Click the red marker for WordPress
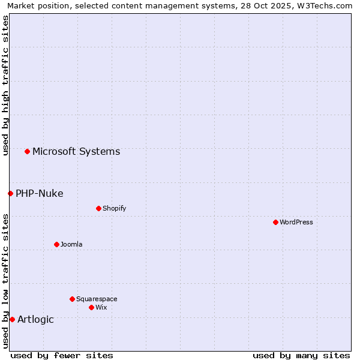275,222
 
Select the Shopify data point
98,208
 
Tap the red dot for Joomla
56,244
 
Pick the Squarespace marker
72,299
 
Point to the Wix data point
91,307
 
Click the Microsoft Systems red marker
27,151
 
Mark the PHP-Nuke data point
10,193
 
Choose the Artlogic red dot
12,319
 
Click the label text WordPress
296,222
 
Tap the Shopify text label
114,208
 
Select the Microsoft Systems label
76,151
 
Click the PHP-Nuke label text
40,193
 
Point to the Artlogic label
35,319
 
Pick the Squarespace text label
97,299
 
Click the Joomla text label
71,244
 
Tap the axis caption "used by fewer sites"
62,355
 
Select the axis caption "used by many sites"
301,355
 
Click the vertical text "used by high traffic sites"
5,85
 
